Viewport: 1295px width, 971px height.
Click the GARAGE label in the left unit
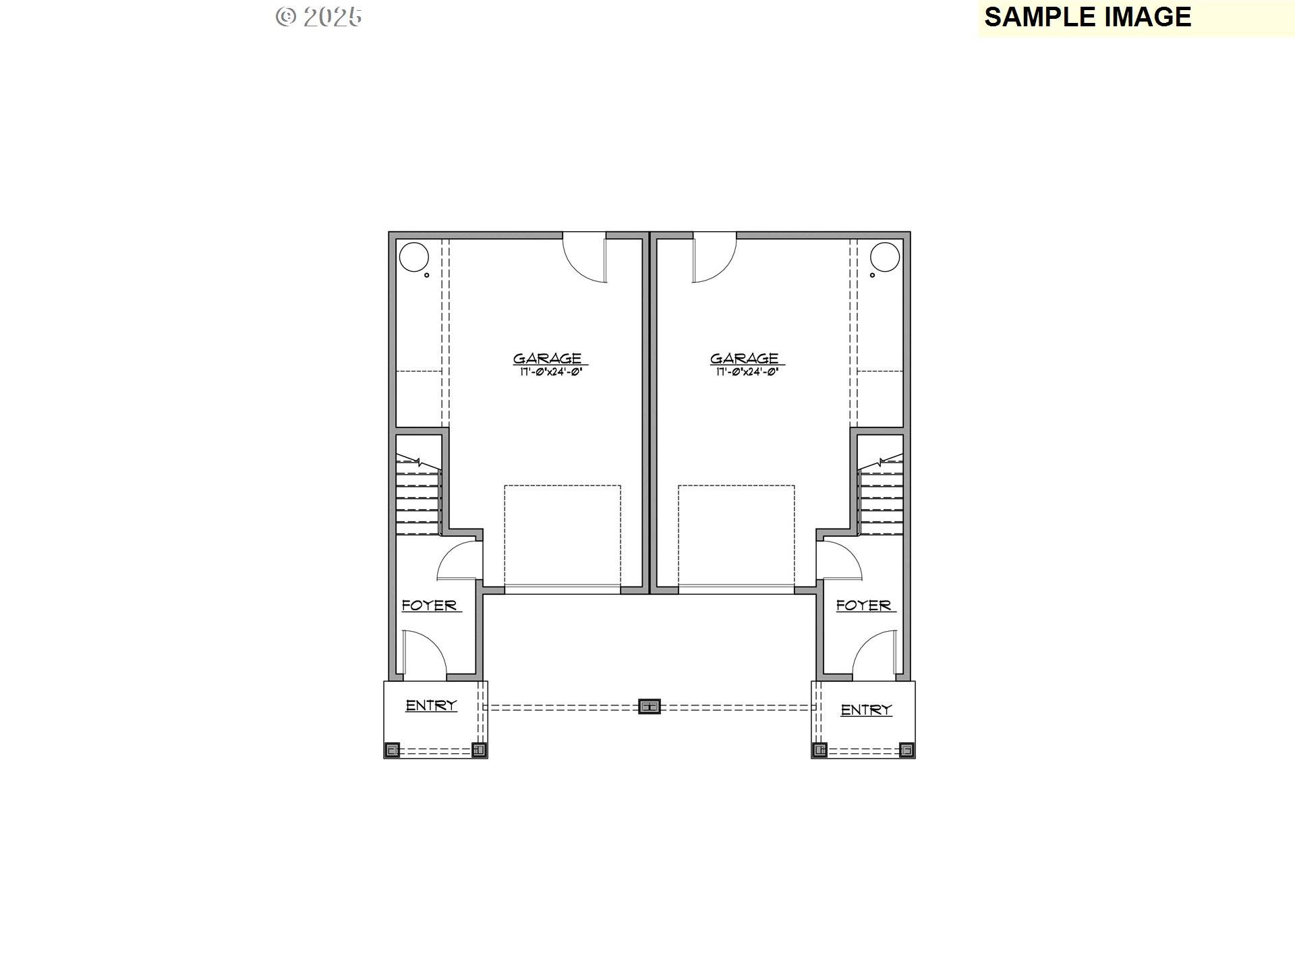point(547,358)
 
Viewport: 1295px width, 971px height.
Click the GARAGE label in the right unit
point(744,358)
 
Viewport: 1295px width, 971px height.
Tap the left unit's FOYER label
point(429,606)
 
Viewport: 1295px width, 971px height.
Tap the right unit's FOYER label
point(863,606)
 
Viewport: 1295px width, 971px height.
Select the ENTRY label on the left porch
point(431,705)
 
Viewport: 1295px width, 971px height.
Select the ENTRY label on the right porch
point(866,710)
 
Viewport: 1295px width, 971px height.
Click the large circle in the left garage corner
point(413,258)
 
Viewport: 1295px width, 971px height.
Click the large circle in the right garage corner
point(884,258)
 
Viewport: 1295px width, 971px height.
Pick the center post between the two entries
point(649,707)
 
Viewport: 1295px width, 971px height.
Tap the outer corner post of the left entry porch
point(392,750)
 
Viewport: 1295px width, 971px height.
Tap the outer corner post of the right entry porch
point(906,750)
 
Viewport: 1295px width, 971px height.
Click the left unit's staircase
point(418,496)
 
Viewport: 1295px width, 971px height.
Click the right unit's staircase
point(880,496)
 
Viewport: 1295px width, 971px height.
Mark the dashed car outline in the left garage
point(562,536)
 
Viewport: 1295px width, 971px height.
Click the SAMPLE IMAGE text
point(1087,18)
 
